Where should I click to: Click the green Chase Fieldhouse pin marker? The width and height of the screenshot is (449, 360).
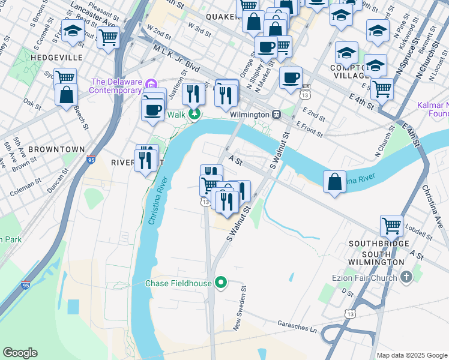pos(221,282)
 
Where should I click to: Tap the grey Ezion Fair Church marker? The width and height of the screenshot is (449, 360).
pos(407,277)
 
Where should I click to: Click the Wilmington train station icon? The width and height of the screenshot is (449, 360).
pos(276,114)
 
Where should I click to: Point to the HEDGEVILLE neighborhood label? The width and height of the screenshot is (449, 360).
pos(60,57)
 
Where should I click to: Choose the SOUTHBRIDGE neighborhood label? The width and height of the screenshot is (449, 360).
pos(380,244)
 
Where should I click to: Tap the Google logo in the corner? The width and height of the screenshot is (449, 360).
pos(20,353)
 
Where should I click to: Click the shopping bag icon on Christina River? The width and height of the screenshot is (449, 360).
pos(334,182)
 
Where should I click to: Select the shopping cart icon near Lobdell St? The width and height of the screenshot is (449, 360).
pos(391,226)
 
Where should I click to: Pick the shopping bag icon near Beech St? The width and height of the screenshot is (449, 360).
pos(65,94)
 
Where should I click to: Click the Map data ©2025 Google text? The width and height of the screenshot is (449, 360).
pos(411,355)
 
